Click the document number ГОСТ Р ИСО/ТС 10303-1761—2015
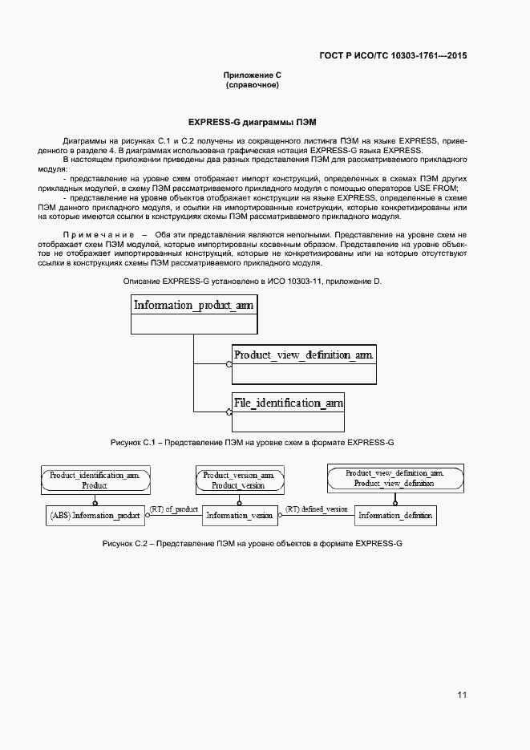(393, 56)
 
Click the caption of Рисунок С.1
(252, 443)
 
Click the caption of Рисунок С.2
(252, 544)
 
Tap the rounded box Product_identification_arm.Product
(95, 480)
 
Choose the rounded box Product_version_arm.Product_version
(238, 480)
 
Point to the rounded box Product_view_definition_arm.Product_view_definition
(394, 479)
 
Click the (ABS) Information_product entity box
(95, 515)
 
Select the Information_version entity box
(239, 515)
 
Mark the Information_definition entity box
(395, 515)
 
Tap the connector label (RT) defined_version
(317, 509)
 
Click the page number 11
(462, 695)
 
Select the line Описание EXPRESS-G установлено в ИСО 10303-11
(252, 282)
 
